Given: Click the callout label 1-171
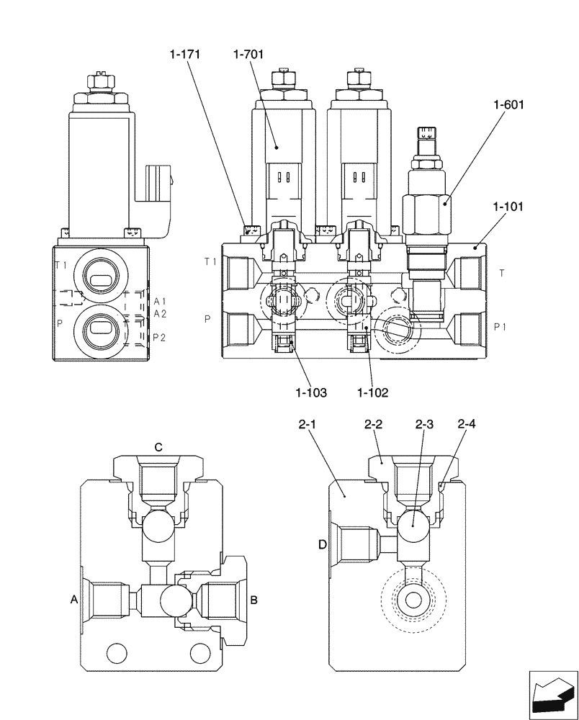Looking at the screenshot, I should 185,54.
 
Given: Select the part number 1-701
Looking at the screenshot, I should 249,54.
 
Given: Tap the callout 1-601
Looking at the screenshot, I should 509,104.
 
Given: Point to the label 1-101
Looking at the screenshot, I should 509,207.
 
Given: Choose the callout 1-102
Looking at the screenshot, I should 373,392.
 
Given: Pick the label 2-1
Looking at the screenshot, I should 308,426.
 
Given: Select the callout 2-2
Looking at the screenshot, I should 372,426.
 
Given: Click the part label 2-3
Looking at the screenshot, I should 424,426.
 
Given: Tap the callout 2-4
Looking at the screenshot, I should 467,426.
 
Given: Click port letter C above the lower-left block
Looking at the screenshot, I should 158,447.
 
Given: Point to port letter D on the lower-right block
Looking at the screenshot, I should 323,545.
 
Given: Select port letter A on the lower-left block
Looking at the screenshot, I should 73,598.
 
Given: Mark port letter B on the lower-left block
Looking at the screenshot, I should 253,598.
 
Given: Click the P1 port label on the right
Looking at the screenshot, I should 502,327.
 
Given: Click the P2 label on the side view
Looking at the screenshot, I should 160,336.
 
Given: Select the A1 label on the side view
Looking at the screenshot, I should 160,301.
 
